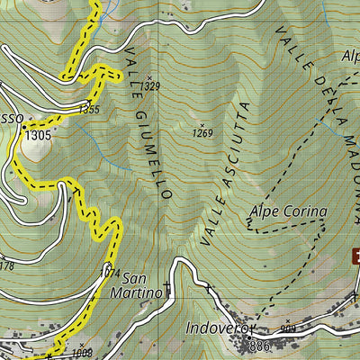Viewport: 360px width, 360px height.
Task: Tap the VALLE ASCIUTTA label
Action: pyautogui.click(x=229, y=175)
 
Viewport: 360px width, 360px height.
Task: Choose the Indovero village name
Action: pyautogui.click(x=215, y=328)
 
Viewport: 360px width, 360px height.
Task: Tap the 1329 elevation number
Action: pyautogui.click(x=151, y=86)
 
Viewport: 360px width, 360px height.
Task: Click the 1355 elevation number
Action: pyautogui.click(x=89, y=109)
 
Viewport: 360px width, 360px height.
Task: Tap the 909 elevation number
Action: pyautogui.click(x=288, y=330)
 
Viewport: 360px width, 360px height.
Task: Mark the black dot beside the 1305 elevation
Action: pyautogui.click(x=23, y=128)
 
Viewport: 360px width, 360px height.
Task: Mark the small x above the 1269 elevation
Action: pyautogui.click(x=203, y=125)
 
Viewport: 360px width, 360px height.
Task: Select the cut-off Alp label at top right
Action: pyautogui.click(x=349, y=55)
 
